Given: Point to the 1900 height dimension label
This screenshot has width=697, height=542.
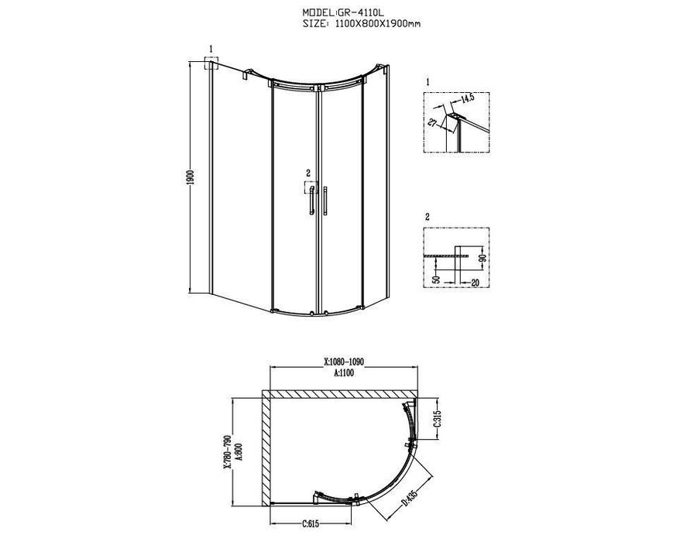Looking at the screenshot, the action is click(x=190, y=178).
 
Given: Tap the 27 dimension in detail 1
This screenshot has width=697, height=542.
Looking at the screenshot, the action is click(x=432, y=122).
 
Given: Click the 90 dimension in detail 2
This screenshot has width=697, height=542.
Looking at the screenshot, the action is click(x=485, y=258).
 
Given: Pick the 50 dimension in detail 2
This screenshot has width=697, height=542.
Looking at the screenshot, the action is click(x=436, y=279).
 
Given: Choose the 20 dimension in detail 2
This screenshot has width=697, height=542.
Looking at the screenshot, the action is click(x=475, y=283).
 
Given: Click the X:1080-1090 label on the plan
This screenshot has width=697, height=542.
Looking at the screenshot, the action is click(x=344, y=362).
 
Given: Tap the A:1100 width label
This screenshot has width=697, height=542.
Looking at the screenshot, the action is click(x=344, y=372).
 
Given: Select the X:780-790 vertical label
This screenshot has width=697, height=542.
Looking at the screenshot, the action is click(x=227, y=451).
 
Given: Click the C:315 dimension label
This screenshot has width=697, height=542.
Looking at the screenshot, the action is click(x=437, y=418).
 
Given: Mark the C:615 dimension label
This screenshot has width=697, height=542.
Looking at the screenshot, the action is click(x=311, y=523).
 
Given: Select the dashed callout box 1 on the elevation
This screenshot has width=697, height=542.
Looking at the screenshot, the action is click(x=211, y=63).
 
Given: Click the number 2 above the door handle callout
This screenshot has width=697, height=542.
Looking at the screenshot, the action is click(x=308, y=173).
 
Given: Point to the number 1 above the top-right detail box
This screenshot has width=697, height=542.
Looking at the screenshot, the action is click(x=427, y=82).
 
